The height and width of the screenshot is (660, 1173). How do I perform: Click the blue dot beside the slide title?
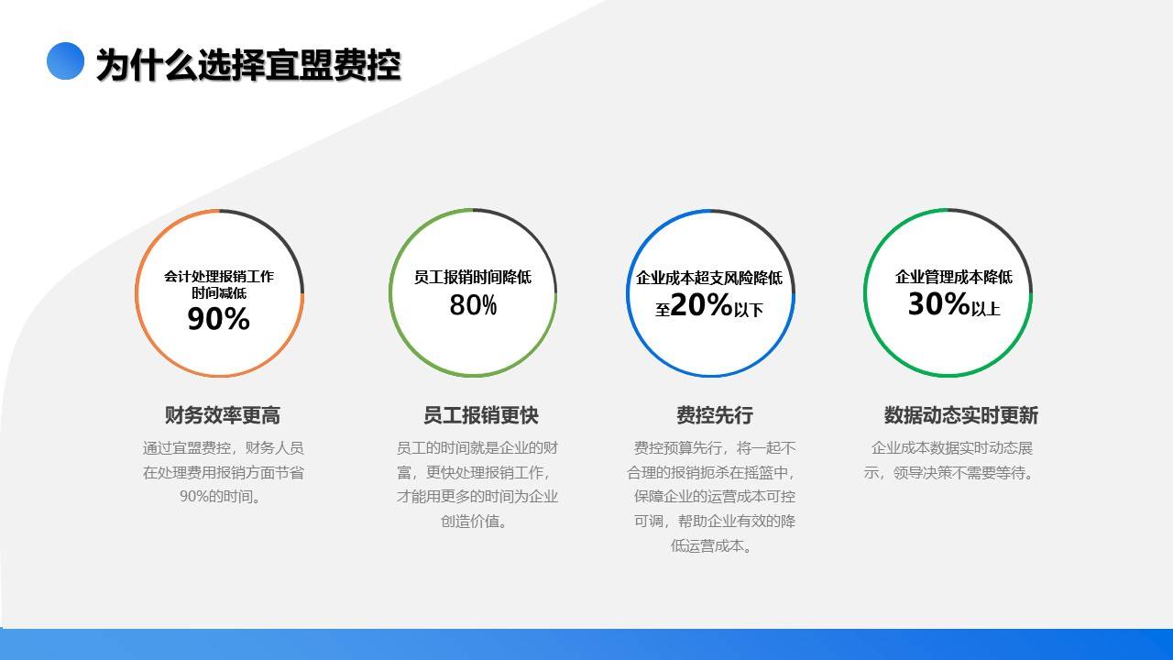click(x=65, y=60)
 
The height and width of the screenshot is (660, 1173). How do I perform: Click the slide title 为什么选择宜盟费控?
click(x=248, y=65)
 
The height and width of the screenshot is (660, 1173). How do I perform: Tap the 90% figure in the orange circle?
click(x=218, y=318)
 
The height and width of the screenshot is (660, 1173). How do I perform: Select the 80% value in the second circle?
click(x=473, y=305)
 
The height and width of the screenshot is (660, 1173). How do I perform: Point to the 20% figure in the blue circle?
click(x=701, y=304)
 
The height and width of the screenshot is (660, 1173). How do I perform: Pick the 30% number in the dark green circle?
click(x=939, y=303)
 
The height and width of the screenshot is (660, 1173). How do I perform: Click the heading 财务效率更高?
click(x=223, y=415)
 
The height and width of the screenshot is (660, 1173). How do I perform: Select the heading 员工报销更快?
click(x=481, y=415)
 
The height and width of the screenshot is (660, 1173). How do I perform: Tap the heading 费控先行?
click(x=715, y=415)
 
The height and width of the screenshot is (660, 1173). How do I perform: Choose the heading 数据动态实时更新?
click(x=961, y=415)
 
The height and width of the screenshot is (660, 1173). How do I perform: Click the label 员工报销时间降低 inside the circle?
click(x=472, y=277)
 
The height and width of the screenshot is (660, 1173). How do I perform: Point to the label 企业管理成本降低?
click(x=954, y=277)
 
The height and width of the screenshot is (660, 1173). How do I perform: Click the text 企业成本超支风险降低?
click(x=709, y=278)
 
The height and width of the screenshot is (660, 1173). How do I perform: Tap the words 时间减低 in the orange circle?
click(x=219, y=292)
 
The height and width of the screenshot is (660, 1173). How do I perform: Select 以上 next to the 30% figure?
click(x=985, y=309)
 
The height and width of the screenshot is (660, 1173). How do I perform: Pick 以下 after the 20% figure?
click(x=749, y=310)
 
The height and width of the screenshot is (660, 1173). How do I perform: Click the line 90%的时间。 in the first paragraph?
click(x=220, y=496)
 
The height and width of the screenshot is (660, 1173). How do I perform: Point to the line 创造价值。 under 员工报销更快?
click(x=474, y=522)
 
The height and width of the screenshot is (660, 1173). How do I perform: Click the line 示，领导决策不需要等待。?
click(x=948, y=472)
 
